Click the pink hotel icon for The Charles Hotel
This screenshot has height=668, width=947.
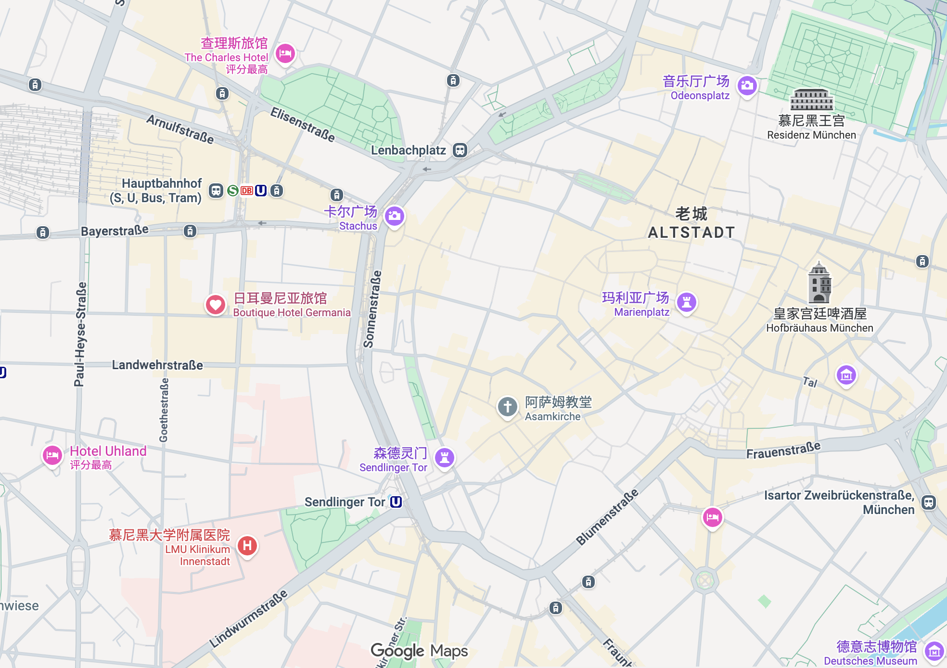(285, 53)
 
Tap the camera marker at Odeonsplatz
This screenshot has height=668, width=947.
(747, 86)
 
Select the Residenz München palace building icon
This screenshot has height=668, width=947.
(811, 100)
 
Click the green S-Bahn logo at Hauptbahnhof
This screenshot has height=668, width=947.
(233, 191)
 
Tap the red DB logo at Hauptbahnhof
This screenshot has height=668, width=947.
(247, 191)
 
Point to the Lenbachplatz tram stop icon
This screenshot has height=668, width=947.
(460, 150)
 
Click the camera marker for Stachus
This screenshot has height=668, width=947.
(394, 216)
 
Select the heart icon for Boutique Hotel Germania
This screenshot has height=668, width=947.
(216, 305)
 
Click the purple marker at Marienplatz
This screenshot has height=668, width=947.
(687, 302)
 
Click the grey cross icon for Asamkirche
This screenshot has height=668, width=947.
(507, 407)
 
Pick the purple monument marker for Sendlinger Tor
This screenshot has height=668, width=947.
(445, 457)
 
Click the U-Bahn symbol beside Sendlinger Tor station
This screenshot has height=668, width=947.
(396, 502)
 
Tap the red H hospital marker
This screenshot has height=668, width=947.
(247, 546)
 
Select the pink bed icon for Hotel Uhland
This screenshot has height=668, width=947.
(52, 455)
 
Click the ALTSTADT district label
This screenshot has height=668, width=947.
(691, 232)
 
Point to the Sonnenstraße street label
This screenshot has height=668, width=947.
(372, 309)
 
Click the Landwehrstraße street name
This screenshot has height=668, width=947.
(157, 365)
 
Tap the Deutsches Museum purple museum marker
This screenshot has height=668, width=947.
(934, 652)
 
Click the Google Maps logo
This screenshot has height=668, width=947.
(419, 651)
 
